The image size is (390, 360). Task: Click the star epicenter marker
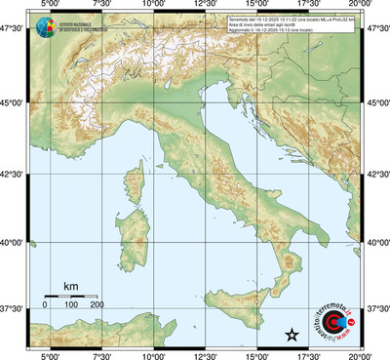tap(291, 336)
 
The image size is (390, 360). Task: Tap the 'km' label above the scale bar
tap(70, 286)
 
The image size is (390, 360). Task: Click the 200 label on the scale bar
tap(97, 305)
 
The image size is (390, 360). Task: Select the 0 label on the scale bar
tap(45, 305)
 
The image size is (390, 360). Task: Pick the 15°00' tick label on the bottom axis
tap(257, 355)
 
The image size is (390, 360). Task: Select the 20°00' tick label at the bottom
tap(360, 355)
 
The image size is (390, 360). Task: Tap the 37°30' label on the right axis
tap(376, 308)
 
